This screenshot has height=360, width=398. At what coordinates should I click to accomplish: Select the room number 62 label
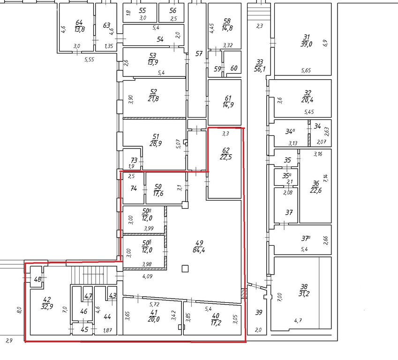225,150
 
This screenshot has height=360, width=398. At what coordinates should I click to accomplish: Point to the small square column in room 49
186,269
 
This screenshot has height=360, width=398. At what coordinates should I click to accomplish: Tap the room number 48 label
38,280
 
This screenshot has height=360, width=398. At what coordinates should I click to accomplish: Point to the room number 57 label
199,54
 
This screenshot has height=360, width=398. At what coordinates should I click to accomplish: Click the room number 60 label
233,68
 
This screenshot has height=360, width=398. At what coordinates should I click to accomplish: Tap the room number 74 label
134,188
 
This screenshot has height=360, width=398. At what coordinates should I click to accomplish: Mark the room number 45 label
84,330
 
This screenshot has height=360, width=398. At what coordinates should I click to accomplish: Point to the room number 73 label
134,160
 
